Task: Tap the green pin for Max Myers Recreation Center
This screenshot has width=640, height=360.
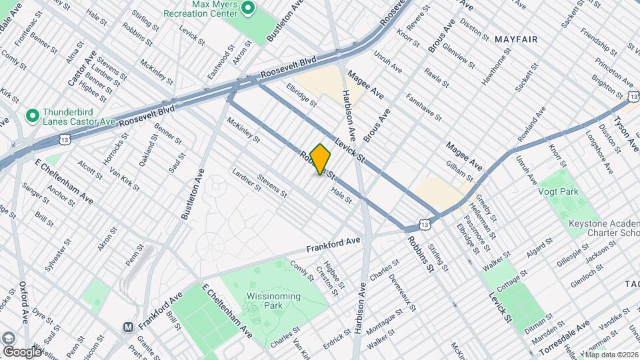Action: click(249, 9)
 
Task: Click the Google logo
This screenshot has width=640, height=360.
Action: click(23, 351)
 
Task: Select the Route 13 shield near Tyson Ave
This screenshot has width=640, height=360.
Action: click(631, 97)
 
